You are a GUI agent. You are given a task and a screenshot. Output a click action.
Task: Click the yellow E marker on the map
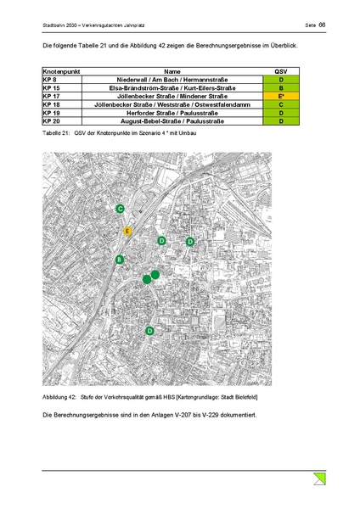click(127, 231)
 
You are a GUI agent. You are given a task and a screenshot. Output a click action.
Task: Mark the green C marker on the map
click(121, 209)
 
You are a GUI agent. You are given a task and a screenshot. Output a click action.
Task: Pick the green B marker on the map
click(120, 260)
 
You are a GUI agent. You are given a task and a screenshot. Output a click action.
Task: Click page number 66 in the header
click(323, 26)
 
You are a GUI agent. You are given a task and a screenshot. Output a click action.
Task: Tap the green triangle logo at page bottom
click(319, 479)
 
